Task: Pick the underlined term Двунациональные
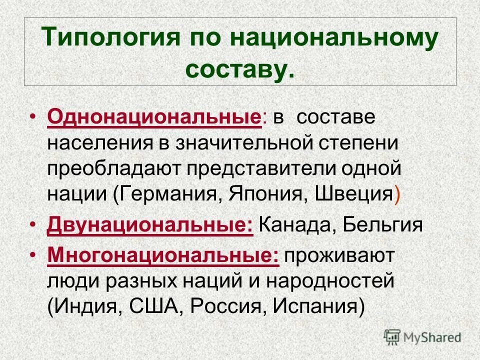coord(150,226)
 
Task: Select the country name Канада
coord(296,226)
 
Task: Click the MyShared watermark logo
coord(422,336)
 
